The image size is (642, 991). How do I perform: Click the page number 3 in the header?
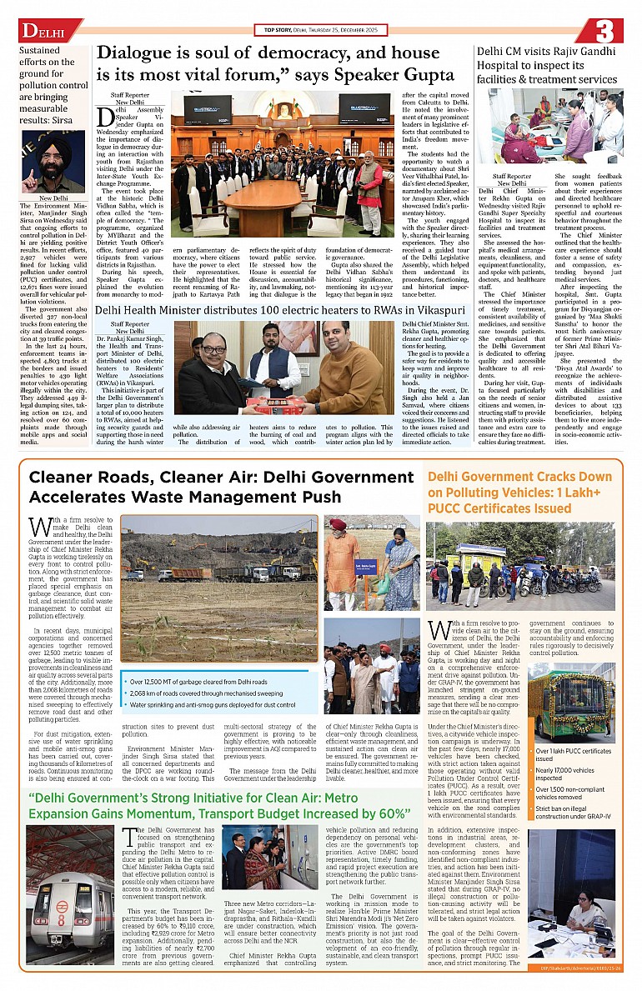604,31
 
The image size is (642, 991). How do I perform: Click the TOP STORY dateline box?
320,30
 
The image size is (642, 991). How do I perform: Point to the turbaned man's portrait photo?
53,162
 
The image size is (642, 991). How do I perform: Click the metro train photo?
70,896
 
